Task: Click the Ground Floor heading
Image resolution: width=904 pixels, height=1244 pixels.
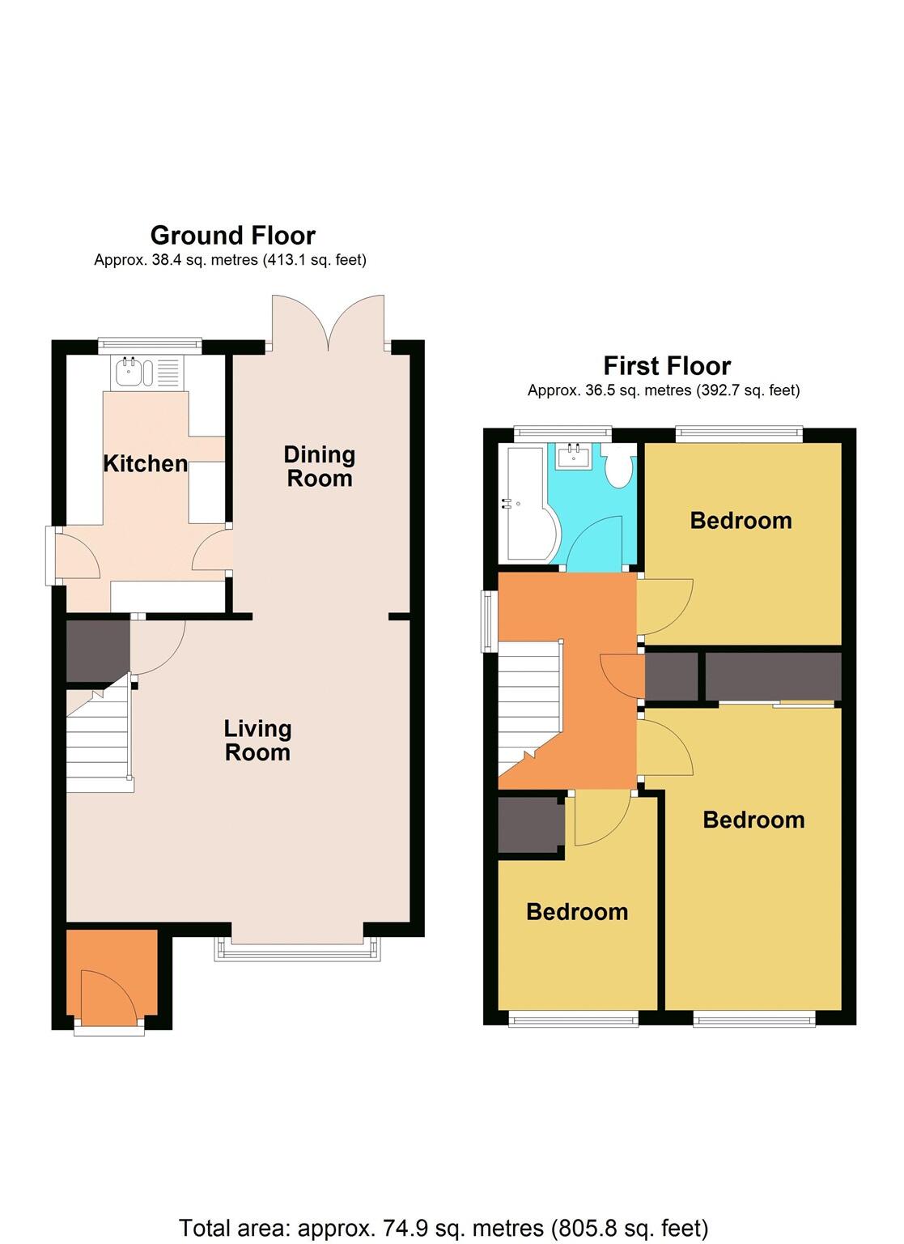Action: [x=232, y=236]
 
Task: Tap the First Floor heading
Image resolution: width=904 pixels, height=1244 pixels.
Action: [x=667, y=366]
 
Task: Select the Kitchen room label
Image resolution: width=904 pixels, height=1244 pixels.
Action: [x=145, y=463]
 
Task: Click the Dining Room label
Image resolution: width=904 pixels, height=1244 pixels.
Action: [x=319, y=466]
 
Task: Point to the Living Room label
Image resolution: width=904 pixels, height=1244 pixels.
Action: [x=257, y=740]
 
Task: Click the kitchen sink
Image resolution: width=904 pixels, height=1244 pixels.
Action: [x=134, y=373]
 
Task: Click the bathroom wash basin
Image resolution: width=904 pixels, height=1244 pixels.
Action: [x=575, y=457]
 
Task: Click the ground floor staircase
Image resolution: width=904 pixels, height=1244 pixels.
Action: [x=98, y=741]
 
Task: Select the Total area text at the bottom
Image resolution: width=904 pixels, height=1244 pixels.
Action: [x=443, y=1228]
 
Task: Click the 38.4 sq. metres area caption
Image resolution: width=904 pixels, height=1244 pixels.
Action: [x=230, y=261]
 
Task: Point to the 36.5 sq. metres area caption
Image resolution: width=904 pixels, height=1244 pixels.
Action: [x=663, y=390]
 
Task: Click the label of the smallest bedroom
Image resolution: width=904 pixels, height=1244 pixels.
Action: [x=577, y=912]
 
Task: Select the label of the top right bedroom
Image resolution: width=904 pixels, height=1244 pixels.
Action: [x=741, y=520]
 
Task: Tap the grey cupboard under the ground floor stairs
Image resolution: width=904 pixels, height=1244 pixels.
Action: [x=97, y=650]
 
